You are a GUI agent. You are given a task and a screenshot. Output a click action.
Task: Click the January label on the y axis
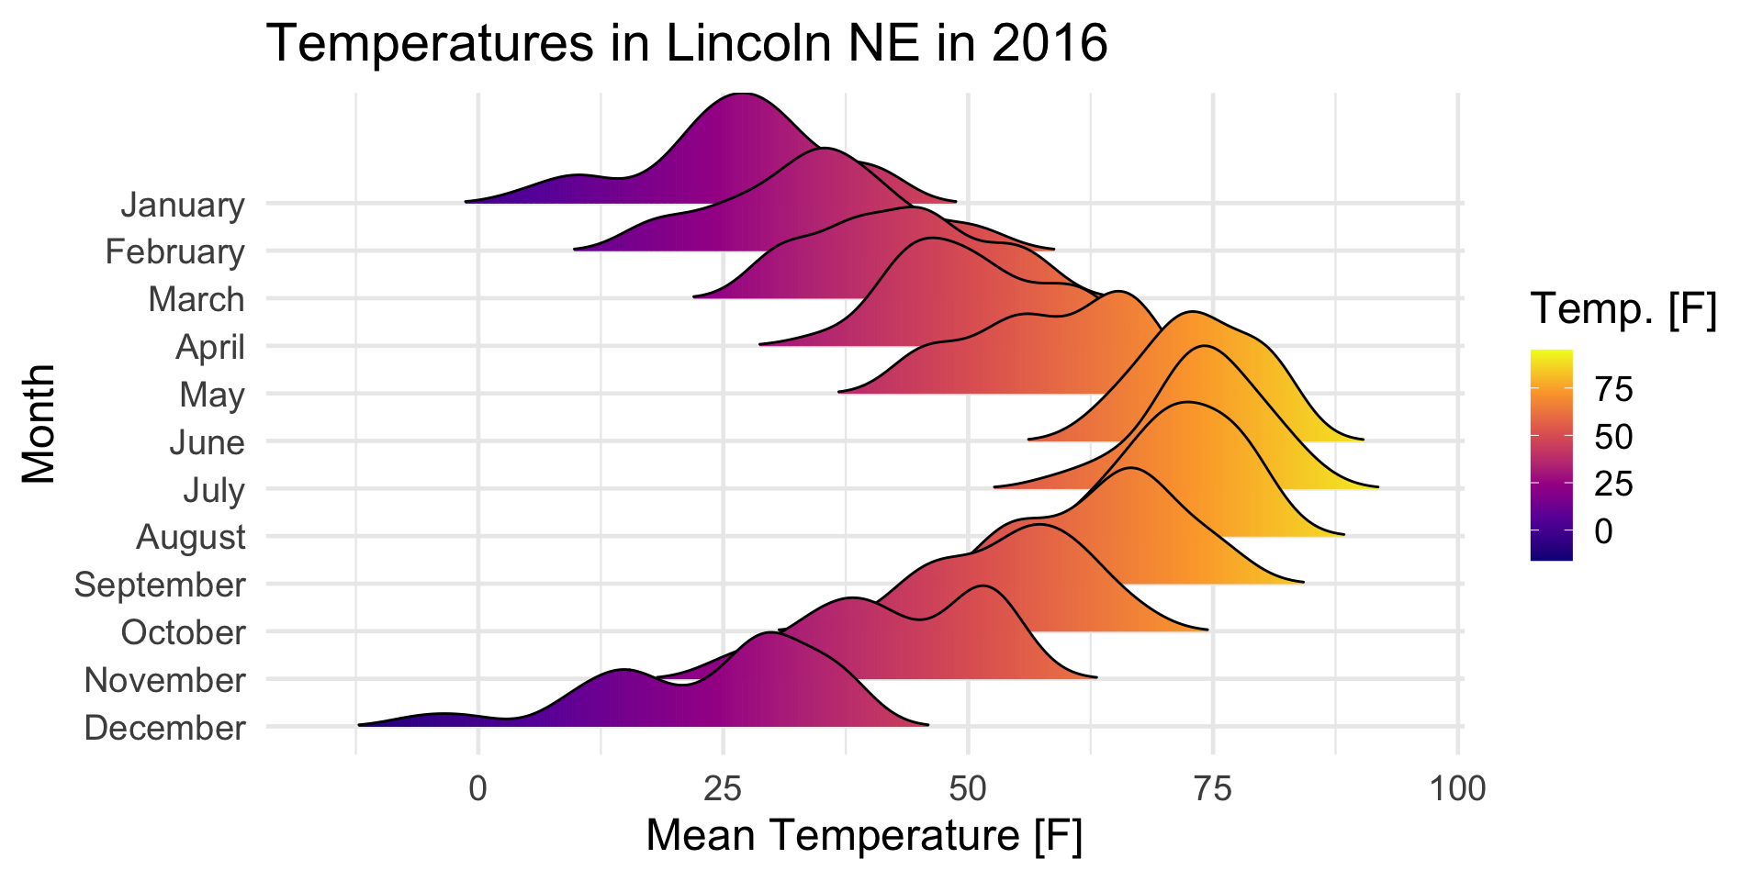183,205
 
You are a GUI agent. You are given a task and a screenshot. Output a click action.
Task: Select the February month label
174,251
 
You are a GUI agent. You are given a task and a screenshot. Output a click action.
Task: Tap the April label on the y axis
210,347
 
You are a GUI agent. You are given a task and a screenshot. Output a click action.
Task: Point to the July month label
214,490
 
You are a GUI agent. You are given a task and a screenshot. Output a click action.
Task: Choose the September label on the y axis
160,585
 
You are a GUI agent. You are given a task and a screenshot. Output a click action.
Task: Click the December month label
165,728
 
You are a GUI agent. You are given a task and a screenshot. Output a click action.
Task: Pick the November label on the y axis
165,680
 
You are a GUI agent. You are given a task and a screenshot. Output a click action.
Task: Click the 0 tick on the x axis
477,788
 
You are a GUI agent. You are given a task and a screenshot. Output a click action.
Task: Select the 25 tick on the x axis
723,788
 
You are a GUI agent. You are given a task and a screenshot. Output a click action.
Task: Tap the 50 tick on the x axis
968,788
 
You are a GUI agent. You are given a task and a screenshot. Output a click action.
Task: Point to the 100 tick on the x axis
1458,788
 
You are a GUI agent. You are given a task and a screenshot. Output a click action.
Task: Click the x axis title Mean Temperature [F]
864,836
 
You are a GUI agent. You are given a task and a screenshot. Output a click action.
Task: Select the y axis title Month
39,423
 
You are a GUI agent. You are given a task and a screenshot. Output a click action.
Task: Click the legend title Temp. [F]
1623,309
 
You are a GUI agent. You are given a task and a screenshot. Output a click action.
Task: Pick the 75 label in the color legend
1613,390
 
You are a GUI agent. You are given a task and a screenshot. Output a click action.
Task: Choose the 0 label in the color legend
1603,530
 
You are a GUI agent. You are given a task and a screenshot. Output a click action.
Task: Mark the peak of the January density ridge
740,94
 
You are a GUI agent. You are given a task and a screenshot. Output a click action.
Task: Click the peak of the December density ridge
768,633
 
